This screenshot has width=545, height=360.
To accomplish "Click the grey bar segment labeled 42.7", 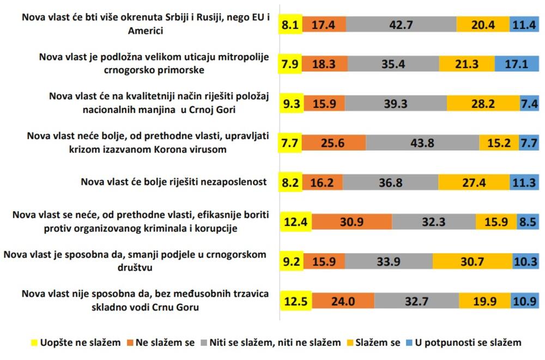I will click(x=401, y=25).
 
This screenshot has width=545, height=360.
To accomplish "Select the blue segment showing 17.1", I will click(x=517, y=64).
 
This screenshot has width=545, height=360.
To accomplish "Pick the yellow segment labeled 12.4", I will click(x=295, y=221).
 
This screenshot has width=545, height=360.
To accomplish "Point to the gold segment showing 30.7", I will click(x=472, y=261).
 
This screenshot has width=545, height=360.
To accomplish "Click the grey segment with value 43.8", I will click(x=422, y=142).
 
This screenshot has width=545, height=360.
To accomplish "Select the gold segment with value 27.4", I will click(x=474, y=182).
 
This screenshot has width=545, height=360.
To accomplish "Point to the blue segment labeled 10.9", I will click(x=525, y=301).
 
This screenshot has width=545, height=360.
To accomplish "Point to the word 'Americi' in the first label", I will click(x=146, y=31).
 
